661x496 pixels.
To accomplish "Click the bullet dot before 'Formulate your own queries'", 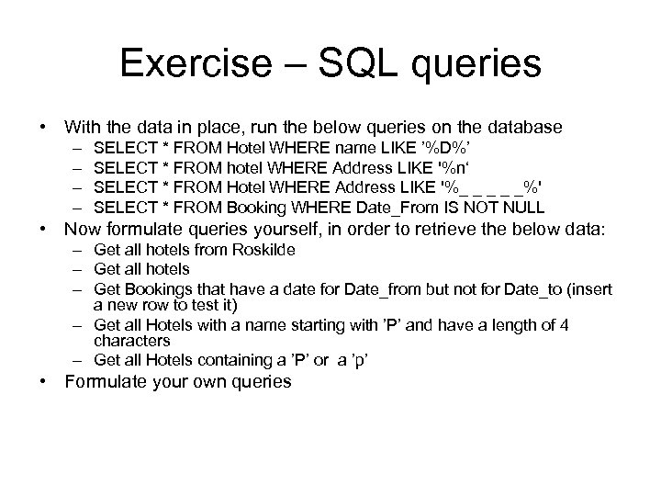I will [x=43, y=381].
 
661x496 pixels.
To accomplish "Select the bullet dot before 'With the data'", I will [x=43, y=126].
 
